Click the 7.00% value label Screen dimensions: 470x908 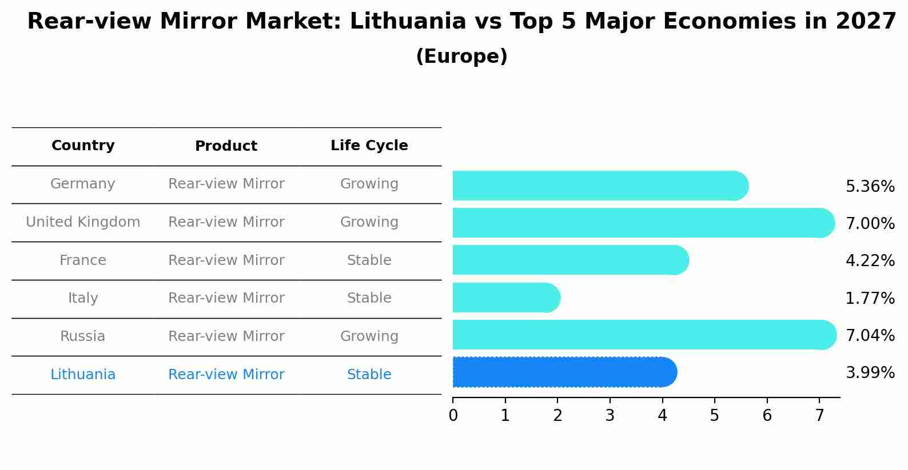870,223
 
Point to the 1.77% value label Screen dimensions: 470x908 870,298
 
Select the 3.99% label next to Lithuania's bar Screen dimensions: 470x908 870,373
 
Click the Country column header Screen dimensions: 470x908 83,146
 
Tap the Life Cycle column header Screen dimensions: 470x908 369,146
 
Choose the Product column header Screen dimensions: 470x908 226,146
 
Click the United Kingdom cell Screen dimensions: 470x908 83,222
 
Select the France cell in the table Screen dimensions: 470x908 83,260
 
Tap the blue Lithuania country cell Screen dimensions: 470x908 83,375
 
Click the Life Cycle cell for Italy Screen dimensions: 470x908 369,298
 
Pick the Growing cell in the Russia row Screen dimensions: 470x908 369,336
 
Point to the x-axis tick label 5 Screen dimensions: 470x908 714,416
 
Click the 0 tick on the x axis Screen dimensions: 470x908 453,416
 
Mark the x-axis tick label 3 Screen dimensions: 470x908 610,416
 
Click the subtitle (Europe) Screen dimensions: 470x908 461,57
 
